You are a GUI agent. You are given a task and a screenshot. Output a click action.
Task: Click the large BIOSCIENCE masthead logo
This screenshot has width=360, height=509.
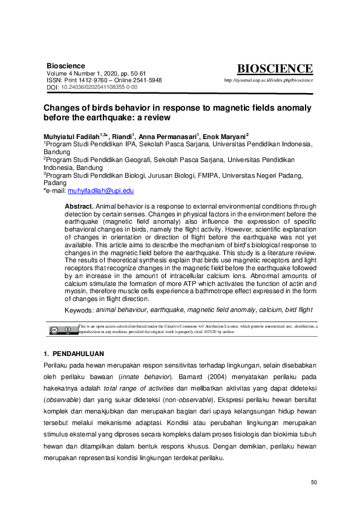tap(275, 69)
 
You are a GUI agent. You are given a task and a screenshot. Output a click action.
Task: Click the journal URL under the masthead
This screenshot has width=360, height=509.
tap(268, 80)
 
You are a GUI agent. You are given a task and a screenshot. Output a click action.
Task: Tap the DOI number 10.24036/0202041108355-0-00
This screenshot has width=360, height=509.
tap(99, 87)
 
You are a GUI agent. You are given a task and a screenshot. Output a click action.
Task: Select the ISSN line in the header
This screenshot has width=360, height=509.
tap(104, 80)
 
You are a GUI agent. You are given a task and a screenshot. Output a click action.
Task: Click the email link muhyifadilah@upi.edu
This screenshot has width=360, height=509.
tap(100, 190)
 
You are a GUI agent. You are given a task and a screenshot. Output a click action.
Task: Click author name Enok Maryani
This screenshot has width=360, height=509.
tap(224, 137)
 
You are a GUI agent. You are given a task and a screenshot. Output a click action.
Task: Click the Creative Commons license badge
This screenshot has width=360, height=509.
tap(61, 329)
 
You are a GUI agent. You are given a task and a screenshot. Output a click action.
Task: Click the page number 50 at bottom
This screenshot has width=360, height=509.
tap(313, 482)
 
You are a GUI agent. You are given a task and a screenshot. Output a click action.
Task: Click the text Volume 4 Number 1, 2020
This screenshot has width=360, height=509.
tap(81, 73)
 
